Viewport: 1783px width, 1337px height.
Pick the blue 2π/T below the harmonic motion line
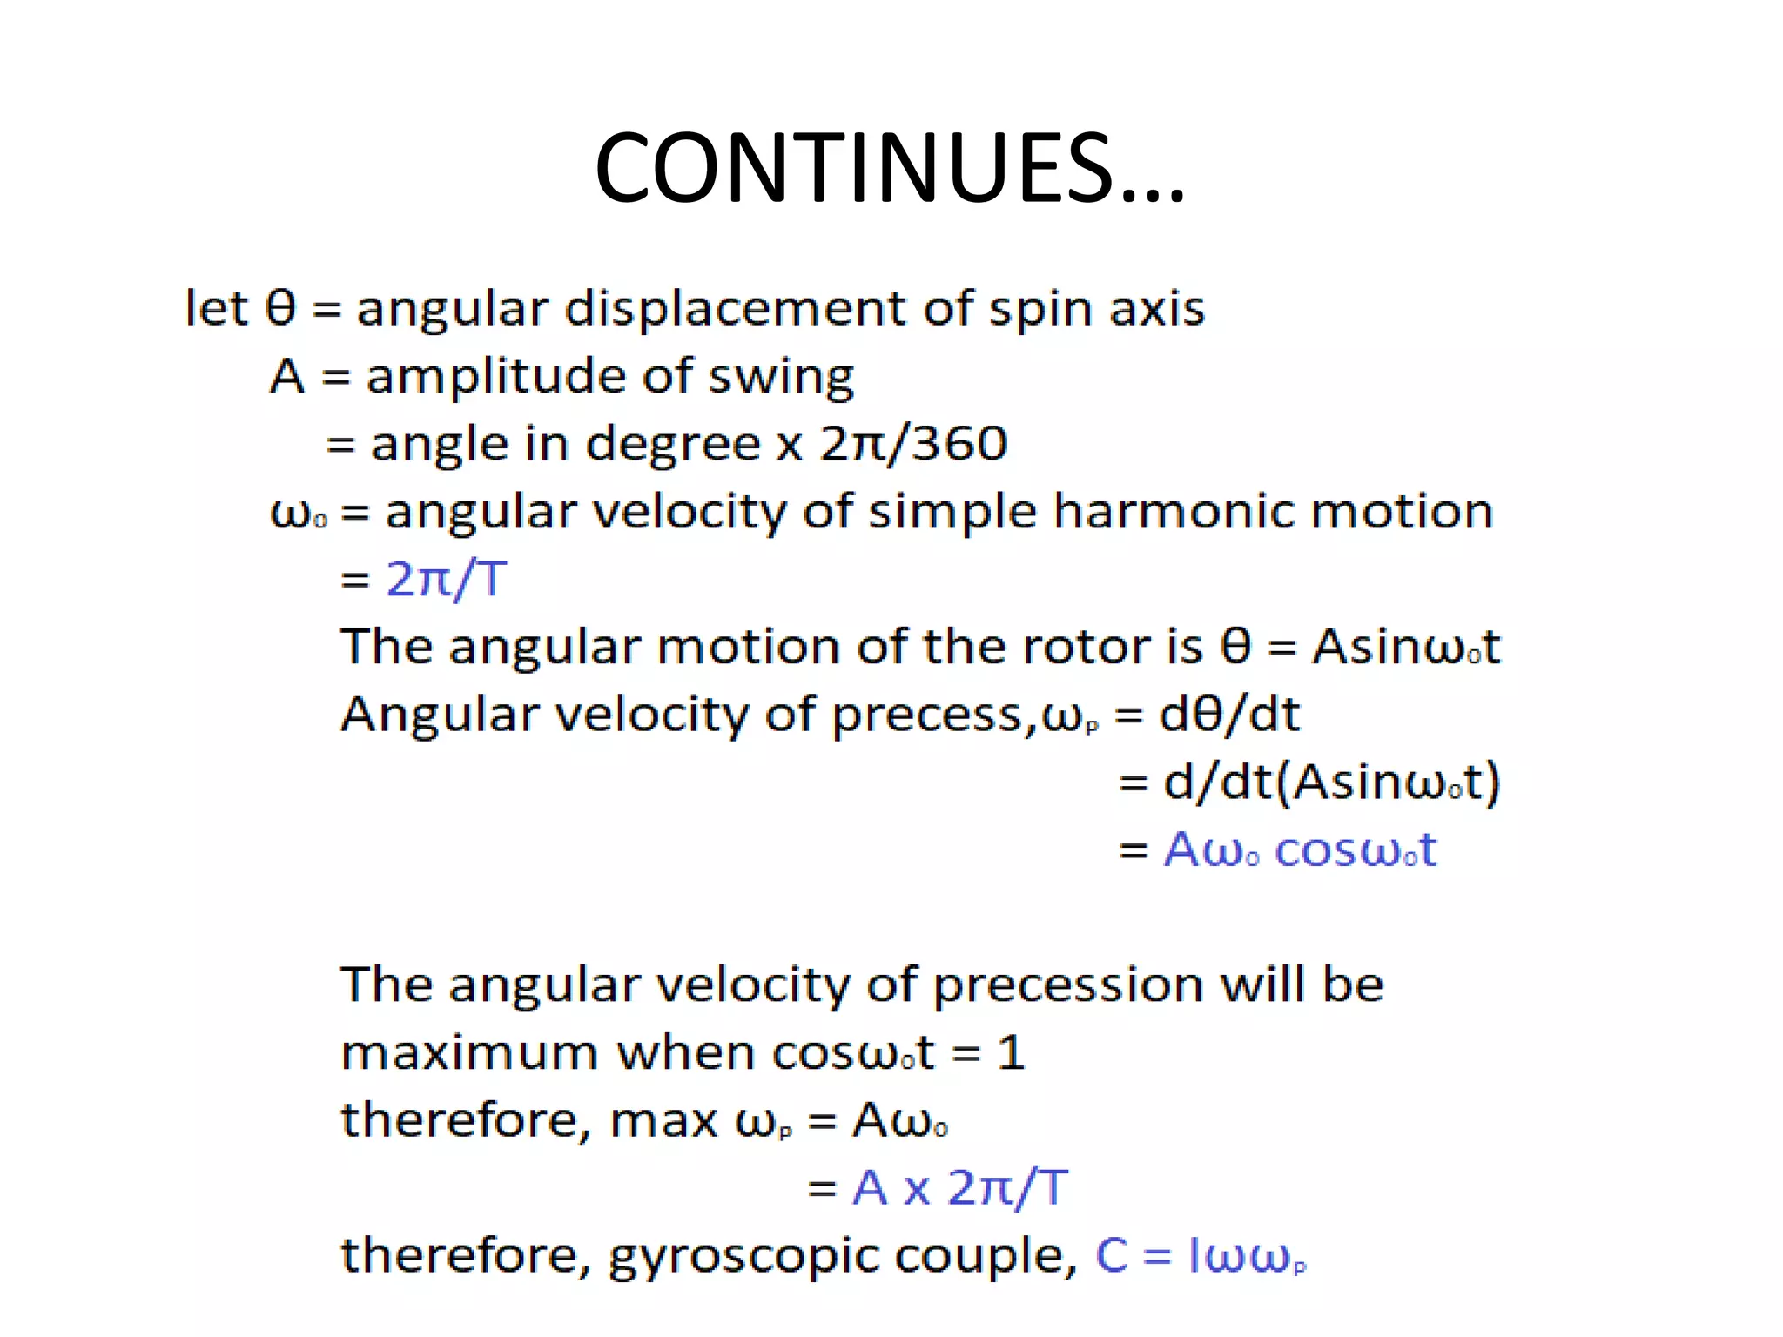click(446, 579)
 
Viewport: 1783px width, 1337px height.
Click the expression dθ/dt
click(1229, 715)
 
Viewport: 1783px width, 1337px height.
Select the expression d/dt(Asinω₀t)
click(1332, 782)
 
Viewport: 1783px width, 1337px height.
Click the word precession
click(1069, 985)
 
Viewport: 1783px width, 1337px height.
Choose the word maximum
click(468, 1053)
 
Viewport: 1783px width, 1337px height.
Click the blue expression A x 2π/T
click(959, 1187)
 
